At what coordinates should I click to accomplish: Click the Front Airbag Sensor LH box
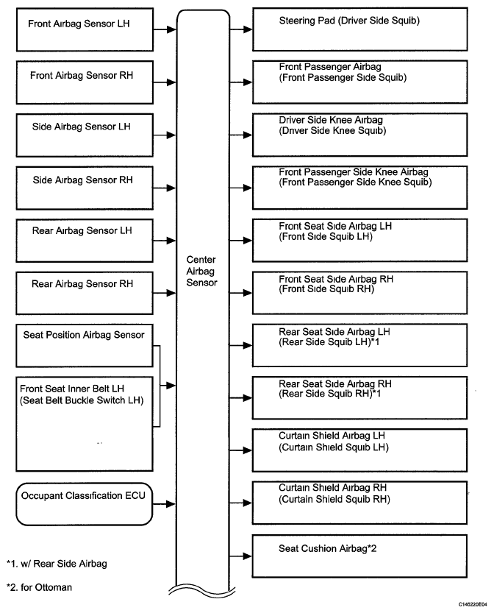(x=85, y=29)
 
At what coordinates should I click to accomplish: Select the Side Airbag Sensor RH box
(x=85, y=188)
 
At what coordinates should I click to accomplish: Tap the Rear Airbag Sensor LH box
(x=85, y=241)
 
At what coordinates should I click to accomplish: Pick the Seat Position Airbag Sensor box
(x=85, y=346)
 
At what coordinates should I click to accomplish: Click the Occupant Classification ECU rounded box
(x=85, y=504)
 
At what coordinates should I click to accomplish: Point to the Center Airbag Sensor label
(x=201, y=271)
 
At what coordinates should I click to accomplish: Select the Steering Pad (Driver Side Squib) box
(x=360, y=29)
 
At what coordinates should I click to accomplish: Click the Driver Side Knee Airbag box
(x=360, y=135)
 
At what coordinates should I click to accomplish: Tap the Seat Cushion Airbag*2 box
(x=360, y=556)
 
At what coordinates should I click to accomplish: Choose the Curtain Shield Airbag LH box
(x=360, y=450)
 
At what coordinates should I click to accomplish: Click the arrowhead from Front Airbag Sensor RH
(x=171, y=82)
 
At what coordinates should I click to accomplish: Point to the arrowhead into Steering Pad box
(x=248, y=29)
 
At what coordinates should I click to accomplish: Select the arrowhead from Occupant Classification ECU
(x=171, y=504)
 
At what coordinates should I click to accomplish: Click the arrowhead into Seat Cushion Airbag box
(x=248, y=556)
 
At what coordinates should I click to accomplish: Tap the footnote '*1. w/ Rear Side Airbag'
(x=57, y=564)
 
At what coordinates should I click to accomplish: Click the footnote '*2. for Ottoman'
(x=40, y=587)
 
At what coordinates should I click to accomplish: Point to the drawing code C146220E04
(x=473, y=604)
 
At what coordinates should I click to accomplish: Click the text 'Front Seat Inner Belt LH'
(x=72, y=389)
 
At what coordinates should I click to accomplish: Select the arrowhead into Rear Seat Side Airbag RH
(x=248, y=398)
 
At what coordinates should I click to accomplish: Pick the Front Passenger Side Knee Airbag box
(x=360, y=188)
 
